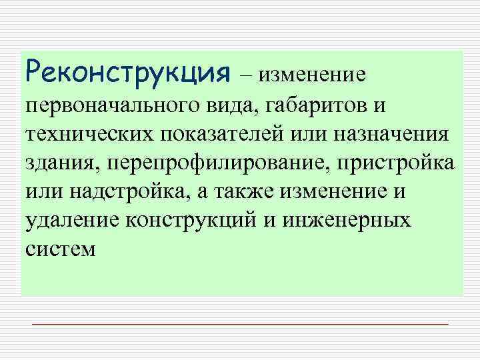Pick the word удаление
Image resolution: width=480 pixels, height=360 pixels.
(x=68, y=221)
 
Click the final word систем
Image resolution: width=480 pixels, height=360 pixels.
(x=61, y=250)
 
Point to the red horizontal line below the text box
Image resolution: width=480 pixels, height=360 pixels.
(x=240, y=323)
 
